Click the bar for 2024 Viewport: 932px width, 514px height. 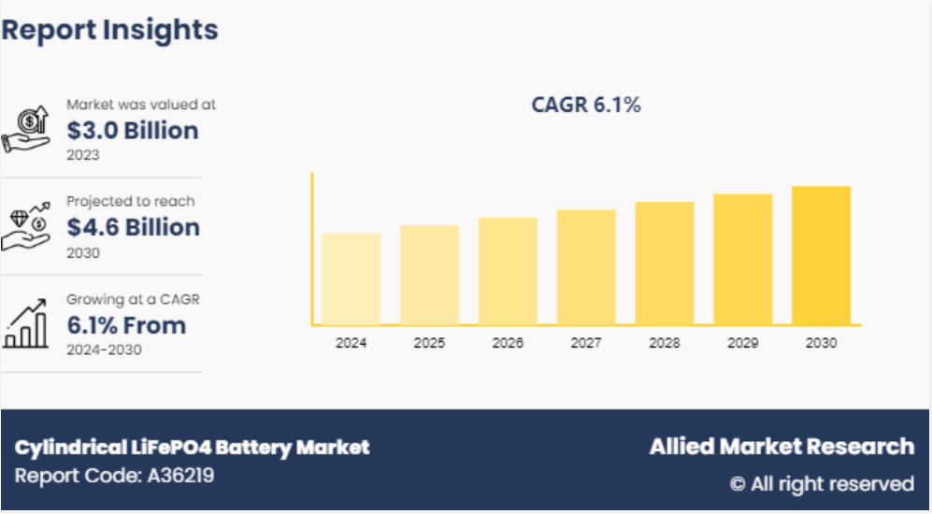(x=351, y=278)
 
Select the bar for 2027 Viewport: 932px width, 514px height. (x=586, y=267)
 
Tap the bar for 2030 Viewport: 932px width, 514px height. (x=821, y=255)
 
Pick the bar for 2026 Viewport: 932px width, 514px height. (x=508, y=271)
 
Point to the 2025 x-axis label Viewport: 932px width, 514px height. (x=429, y=343)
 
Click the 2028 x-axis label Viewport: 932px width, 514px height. (x=665, y=343)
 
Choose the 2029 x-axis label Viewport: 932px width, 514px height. (x=742, y=343)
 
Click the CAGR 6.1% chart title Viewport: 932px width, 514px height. (x=586, y=106)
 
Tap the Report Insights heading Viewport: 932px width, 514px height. (x=109, y=30)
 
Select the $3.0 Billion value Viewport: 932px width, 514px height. (x=132, y=131)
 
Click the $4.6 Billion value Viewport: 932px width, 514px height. (x=133, y=228)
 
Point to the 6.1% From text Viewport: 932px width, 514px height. (x=126, y=326)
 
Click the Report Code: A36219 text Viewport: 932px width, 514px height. (x=114, y=476)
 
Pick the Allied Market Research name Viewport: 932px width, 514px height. (x=781, y=447)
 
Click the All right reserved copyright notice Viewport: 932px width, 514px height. (x=822, y=484)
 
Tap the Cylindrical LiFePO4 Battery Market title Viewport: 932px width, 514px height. (x=192, y=448)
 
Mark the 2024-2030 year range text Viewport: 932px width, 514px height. (x=104, y=350)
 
